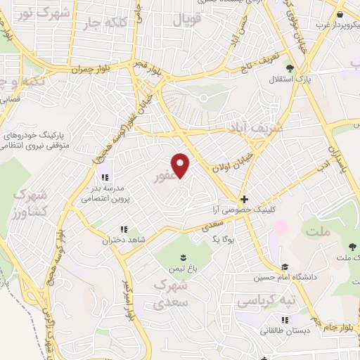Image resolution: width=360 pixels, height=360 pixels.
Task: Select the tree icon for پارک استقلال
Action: (x=289, y=67)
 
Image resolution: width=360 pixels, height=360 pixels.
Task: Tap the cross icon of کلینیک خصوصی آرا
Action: (x=244, y=199)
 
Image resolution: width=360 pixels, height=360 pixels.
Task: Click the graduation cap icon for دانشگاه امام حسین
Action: (x=285, y=266)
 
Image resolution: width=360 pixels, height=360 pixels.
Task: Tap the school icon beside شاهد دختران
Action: (x=124, y=229)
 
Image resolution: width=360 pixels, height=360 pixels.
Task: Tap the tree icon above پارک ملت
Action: (x=350, y=246)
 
